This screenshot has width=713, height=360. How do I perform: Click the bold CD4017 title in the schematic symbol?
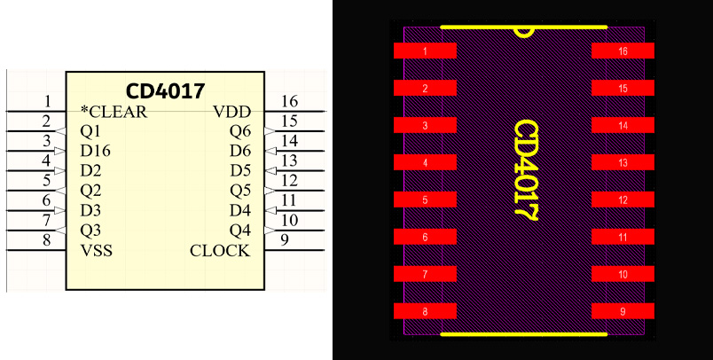click(x=166, y=90)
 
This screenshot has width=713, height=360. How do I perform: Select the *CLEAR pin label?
click(x=114, y=111)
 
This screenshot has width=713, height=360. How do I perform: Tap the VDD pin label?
click(x=232, y=111)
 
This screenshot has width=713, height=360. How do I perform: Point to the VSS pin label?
click(x=96, y=250)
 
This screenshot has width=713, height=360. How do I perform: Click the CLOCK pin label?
click(x=220, y=250)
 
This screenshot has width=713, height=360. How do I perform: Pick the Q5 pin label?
click(x=239, y=190)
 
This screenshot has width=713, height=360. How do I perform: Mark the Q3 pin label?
click(x=90, y=230)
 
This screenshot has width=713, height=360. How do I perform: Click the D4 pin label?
click(x=239, y=210)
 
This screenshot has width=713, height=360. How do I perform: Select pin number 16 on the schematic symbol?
click(x=289, y=101)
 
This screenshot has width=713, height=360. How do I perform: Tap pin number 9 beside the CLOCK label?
click(x=284, y=239)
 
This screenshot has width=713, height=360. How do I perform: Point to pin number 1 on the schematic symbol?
click(x=48, y=101)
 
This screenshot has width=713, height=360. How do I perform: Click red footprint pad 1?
click(x=425, y=51)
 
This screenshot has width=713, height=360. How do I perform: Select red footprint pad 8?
click(x=425, y=311)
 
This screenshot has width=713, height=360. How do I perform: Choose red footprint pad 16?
click(x=623, y=51)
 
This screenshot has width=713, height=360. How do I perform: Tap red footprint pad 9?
click(x=623, y=311)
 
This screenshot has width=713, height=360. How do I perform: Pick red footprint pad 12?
click(x=623, y=200)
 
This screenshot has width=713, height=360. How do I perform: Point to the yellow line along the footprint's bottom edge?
click(x=523, y=334)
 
